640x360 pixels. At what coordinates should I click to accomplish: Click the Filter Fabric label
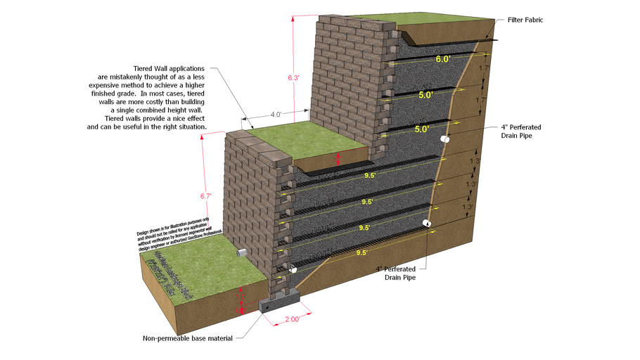[525, 20]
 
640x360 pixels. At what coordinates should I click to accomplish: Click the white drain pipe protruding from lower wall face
[243, 252]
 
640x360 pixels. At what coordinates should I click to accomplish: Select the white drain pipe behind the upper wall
[444, 141]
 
